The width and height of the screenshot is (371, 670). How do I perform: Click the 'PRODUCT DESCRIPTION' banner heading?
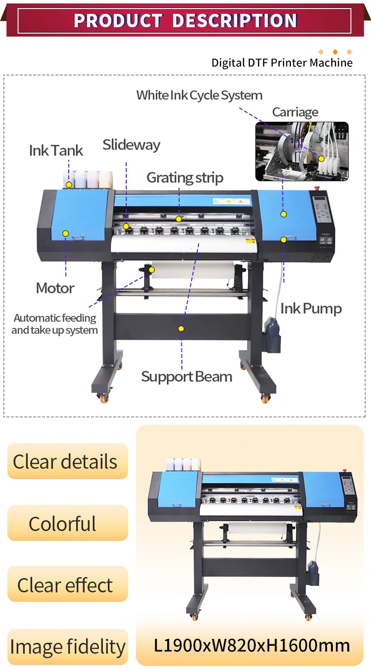pyautogui.click(x=185, y=21)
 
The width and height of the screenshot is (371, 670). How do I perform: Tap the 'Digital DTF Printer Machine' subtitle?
pyautogui.click(x=282, y=63)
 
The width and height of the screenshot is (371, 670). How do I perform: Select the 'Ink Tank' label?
pyautogui.click(x=56, y=150)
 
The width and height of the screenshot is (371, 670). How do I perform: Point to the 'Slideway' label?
pyautogui.click(x=131, y=145)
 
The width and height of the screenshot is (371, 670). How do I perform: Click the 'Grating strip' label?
pyautogui.click(x=185, y=178)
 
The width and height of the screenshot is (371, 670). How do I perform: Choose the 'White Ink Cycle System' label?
pyautogui.click(x=199, y=95)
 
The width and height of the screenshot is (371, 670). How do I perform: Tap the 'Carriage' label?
pyautogui.click(x=295, y=112)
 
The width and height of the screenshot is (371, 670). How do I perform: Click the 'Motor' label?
pyautogui.click(x=55, y=288)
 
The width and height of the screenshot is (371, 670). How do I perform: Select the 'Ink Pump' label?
pyautogui.click(x=311, y=309)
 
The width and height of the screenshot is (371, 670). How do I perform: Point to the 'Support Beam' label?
pyautogui.click(x=186, y=377)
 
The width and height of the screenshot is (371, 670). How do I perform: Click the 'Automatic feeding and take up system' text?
pyautogui.click(x=54, y=324)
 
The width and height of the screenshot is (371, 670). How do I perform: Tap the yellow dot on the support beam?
pyautogui.click(x=181, y=328)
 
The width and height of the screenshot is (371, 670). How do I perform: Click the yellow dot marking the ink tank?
pyautogui.click(x=69, y=184)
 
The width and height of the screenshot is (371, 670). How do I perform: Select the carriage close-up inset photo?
pyautogui.click(x=302, y=151)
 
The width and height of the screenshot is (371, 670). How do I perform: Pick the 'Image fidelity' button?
pyautogui.click(x=67, y=647)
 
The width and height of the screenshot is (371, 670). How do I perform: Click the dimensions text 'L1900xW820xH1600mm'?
pyautogui.click(x=252, y=645)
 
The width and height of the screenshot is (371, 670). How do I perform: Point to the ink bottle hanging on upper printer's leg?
pyautogui.click(x=272, y=335)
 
